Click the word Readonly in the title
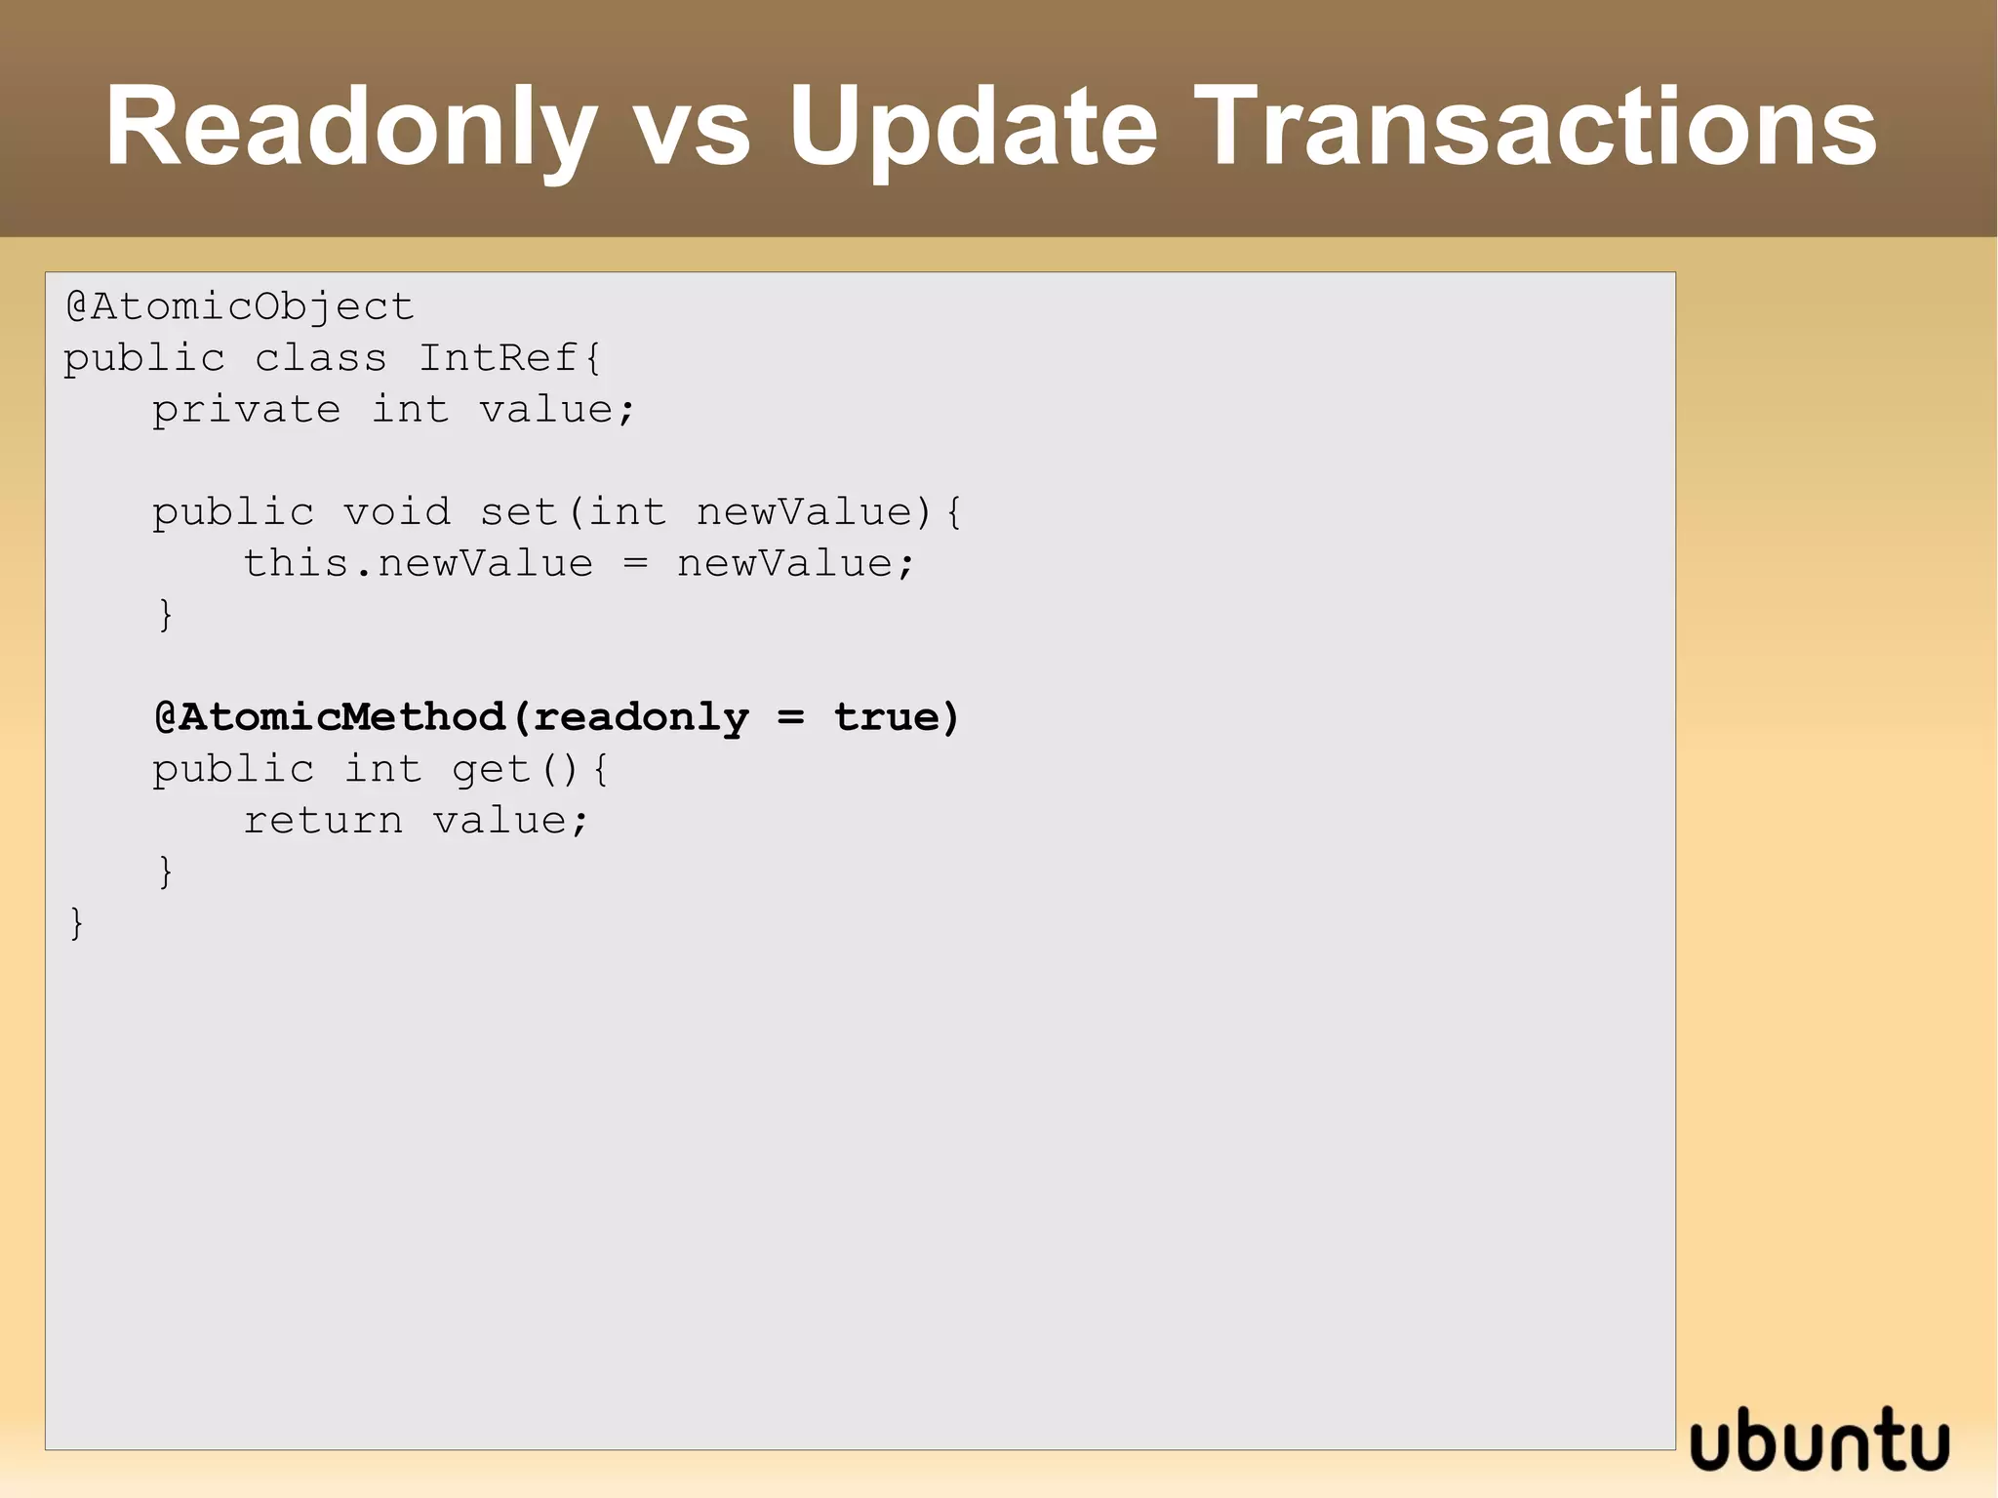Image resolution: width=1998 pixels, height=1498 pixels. pyautogui.click(x=350, y=128)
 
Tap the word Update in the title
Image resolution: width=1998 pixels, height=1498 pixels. pyautogui.click(x=973, y=128)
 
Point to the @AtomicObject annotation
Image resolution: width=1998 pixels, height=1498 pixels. pyautogui.click(x=240, y=307)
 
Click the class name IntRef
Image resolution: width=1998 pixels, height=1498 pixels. pyautogui.click(x=499, y=358)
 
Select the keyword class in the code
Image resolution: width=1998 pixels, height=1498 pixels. pyautogui.click(x=321, y=358)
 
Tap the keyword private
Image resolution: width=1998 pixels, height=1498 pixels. pyautogui.click(x=246, y=410)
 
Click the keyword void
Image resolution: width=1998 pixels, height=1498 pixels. pyautogui.click(x=397, y=512)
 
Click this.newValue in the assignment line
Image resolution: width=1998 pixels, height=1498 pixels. pyautogui.click(x=418, y=564)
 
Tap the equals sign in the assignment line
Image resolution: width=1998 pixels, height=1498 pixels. pyautogui.click(x=635, y=564)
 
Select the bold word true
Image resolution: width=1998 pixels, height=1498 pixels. pyautogui.click(x=885, y=717)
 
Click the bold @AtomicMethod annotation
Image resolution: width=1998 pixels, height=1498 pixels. pyautogui.click(x=330, y=717)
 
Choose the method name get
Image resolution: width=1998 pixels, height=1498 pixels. pyautogui.click(x=491, y=770)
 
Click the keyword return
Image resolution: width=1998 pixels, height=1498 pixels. pyautogui.click(x=323, y=821)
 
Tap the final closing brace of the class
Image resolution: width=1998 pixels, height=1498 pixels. pyautogui.click(x=76, y=923)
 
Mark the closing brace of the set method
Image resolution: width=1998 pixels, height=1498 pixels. pyautogui.click(x=166, y=615)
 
